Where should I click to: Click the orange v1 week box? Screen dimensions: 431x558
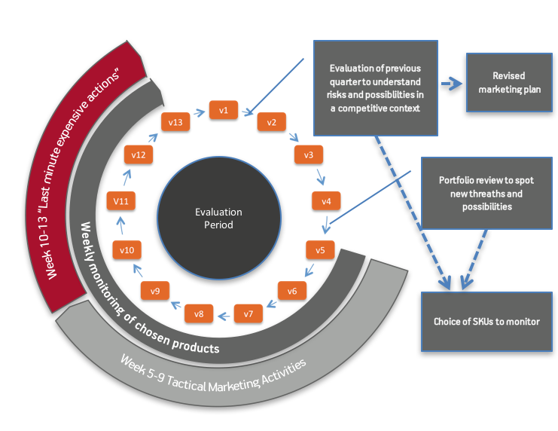(x=223, y=110)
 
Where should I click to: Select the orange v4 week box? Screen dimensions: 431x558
(x=326, y=201)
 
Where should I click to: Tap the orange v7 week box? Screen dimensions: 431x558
(x=249, y=313)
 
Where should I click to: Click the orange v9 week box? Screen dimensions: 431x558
(x=155, y=291)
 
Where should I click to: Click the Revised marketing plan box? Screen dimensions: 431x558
(x=509, y=83)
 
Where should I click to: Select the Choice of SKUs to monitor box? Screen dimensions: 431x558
(x=486, y=322)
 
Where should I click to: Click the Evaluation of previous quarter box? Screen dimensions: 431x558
(x=375, y=88)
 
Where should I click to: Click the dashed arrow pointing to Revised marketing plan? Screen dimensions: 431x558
(x=451, y=84)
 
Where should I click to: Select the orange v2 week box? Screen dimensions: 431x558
(x=271, y=122)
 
